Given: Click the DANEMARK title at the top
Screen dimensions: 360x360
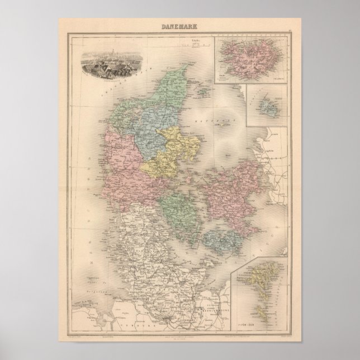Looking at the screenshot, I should click(179, 26).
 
